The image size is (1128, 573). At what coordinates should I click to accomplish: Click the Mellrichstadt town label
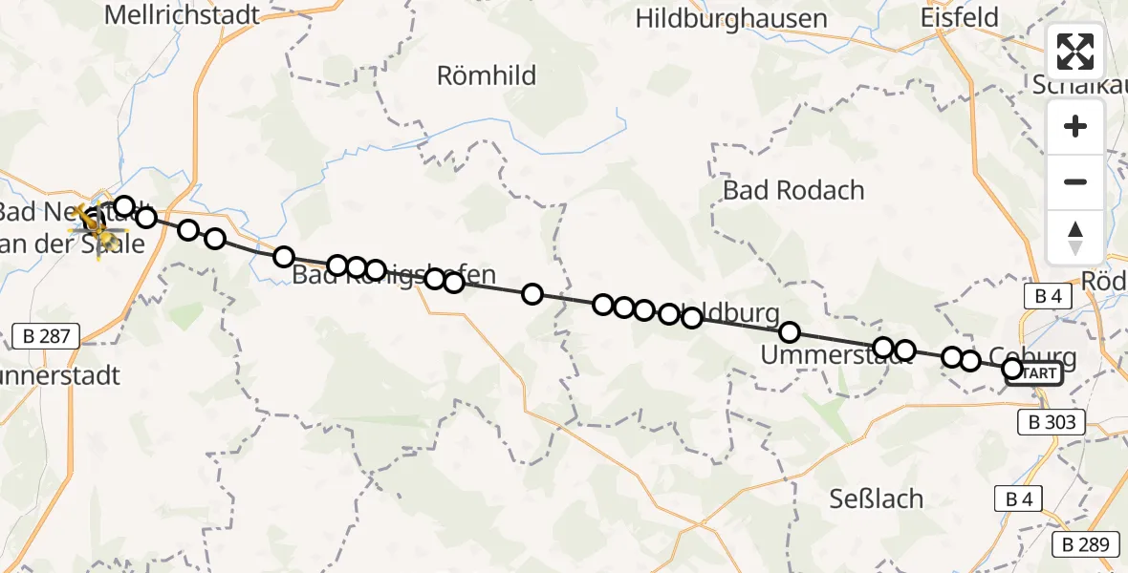[182, 14]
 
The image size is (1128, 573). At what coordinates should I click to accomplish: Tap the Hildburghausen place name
[730, 18]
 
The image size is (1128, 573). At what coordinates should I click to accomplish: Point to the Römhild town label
[487, 75]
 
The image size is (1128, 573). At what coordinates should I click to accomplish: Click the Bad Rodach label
[793, 190]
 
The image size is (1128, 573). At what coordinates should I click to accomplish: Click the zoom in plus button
[1075, 126]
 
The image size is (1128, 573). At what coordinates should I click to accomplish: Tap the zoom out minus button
[1075, 181]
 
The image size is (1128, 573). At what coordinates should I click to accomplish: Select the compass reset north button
[1075, 237]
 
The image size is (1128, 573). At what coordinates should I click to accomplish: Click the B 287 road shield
[46, 335]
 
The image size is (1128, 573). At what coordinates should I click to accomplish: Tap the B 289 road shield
[1085, 545]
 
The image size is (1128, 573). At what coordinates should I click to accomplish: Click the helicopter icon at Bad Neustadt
[96, 225]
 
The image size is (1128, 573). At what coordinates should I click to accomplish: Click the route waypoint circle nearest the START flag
[1012, 369]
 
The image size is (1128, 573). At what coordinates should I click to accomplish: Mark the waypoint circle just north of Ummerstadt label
[790, 332]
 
